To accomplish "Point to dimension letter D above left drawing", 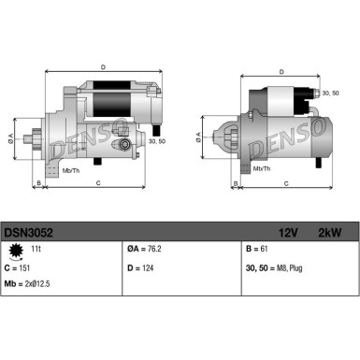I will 103,66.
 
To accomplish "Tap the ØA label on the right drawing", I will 199,137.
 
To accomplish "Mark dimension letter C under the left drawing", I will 98,184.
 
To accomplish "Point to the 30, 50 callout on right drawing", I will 327,94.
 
